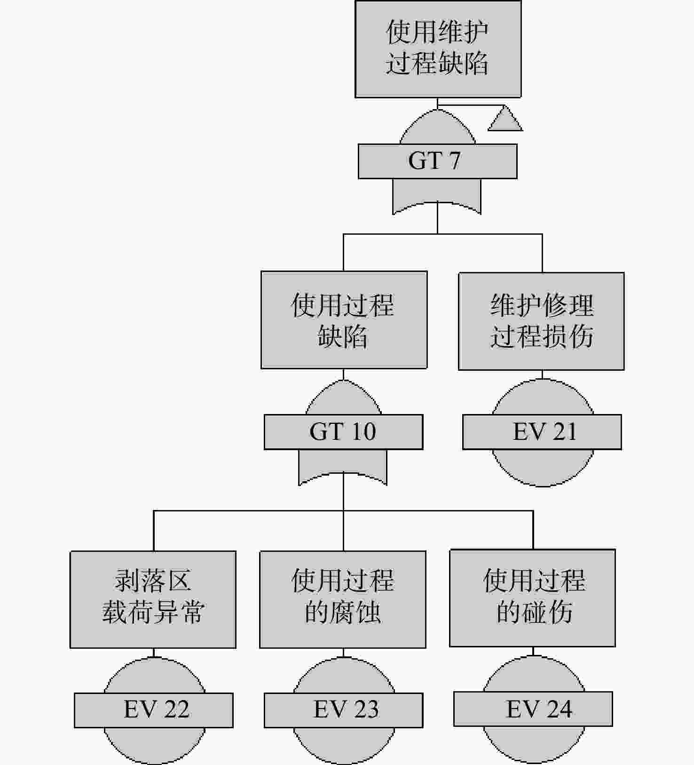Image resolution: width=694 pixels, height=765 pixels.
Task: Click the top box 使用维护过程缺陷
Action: tap(438, 49)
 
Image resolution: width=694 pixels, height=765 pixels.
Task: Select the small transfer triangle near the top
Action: tap(505, 120)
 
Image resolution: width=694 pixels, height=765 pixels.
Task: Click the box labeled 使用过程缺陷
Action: tap(344, 320)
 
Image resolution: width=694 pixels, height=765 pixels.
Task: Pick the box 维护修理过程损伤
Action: tap(542, 321)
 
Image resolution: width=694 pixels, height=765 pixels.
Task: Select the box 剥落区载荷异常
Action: tap(153, 599)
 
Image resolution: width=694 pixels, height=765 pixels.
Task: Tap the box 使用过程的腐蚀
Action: tap(343, 599)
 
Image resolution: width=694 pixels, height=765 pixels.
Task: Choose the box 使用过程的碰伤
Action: tap(533, 598)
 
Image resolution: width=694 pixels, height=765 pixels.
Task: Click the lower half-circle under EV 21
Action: tap(542, 468)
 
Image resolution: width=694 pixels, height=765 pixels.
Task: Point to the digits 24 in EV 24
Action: tap(559, 709)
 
